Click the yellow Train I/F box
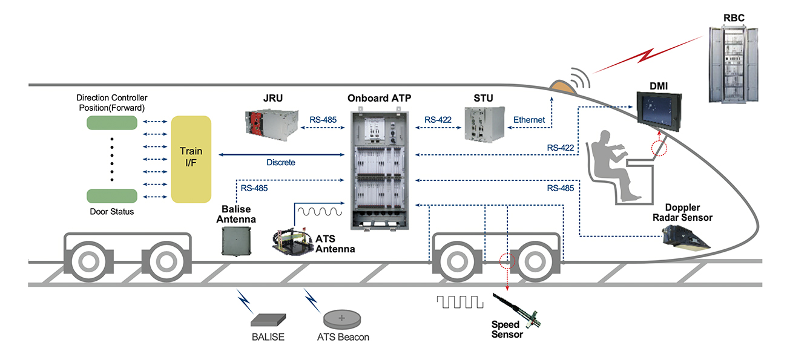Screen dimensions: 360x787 (191, 159)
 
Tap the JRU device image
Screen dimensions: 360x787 (272, 122)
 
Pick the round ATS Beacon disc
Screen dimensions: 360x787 (342, 318)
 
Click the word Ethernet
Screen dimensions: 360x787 (529, 120)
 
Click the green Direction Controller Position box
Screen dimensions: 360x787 (112, 122)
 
